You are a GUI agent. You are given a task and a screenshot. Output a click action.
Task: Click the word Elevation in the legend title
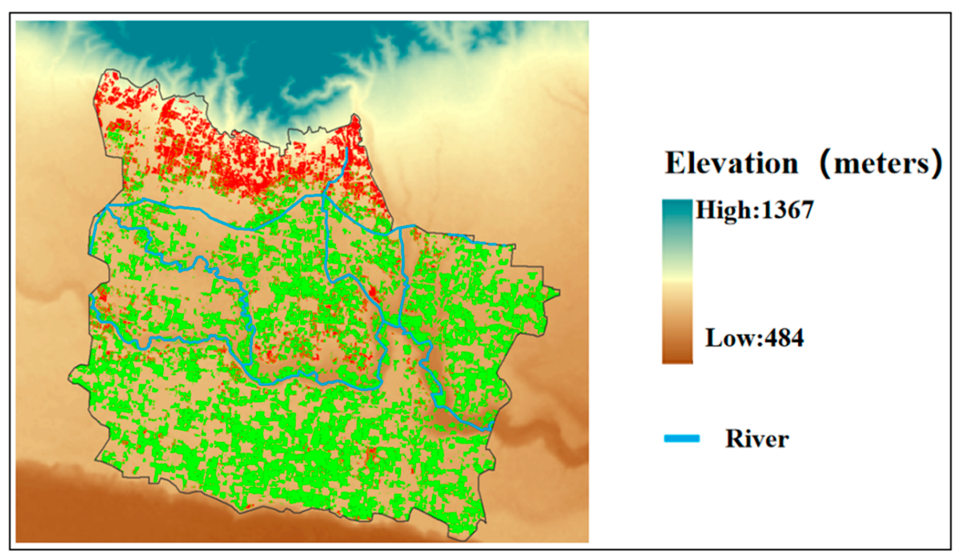coord(731,163)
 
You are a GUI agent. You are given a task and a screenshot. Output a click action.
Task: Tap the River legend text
coord(757,439)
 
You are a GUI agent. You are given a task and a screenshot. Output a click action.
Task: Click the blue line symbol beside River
coord(681,439)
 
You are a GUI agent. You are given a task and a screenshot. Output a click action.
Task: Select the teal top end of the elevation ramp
coord(677,207)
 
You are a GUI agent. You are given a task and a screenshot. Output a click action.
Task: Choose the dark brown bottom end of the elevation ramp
coord(677,358)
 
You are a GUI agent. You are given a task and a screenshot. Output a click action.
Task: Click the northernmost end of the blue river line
coord(347,148)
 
